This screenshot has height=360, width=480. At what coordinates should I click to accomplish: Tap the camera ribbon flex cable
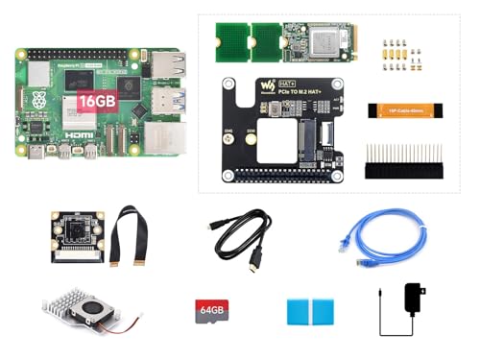tap(127, 234)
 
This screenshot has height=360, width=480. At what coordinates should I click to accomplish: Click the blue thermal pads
tap(310, 312)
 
